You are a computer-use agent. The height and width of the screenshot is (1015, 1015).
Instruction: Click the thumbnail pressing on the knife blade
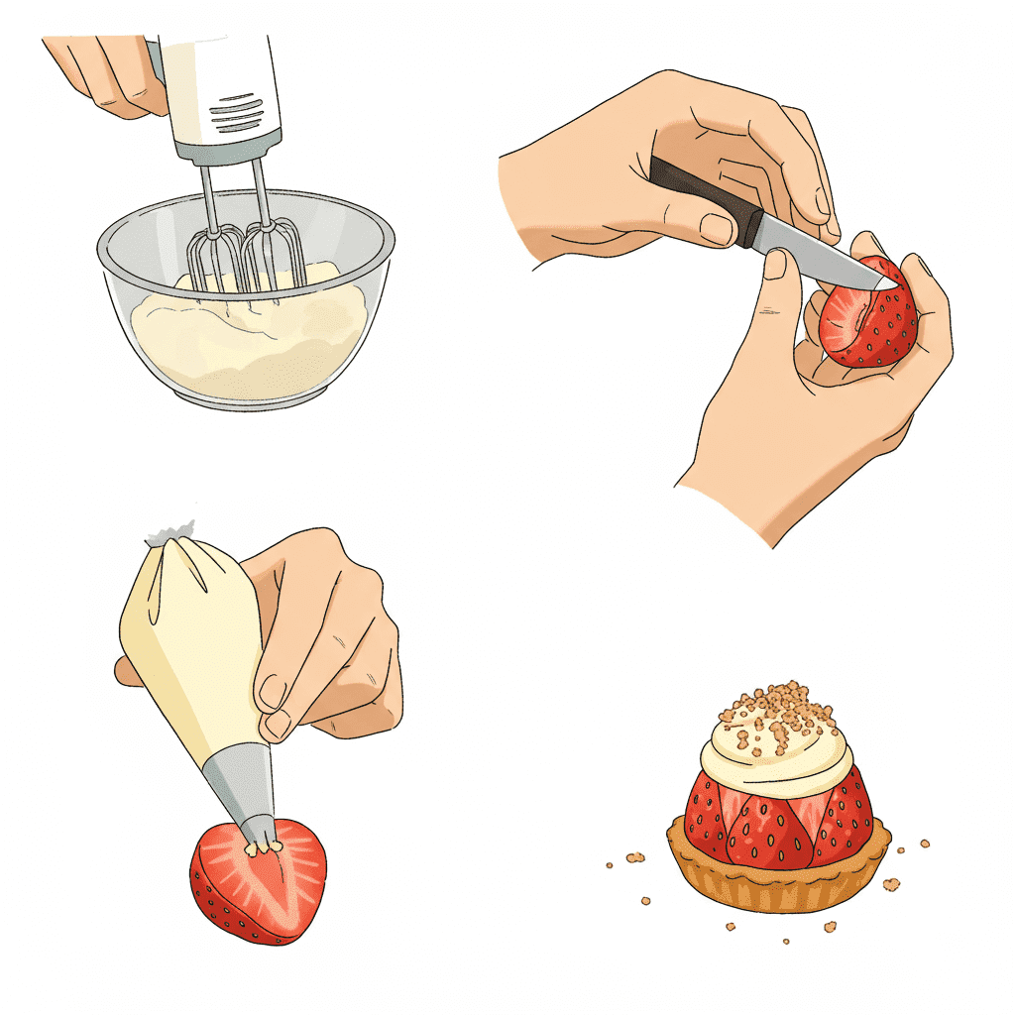coord(776,264)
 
